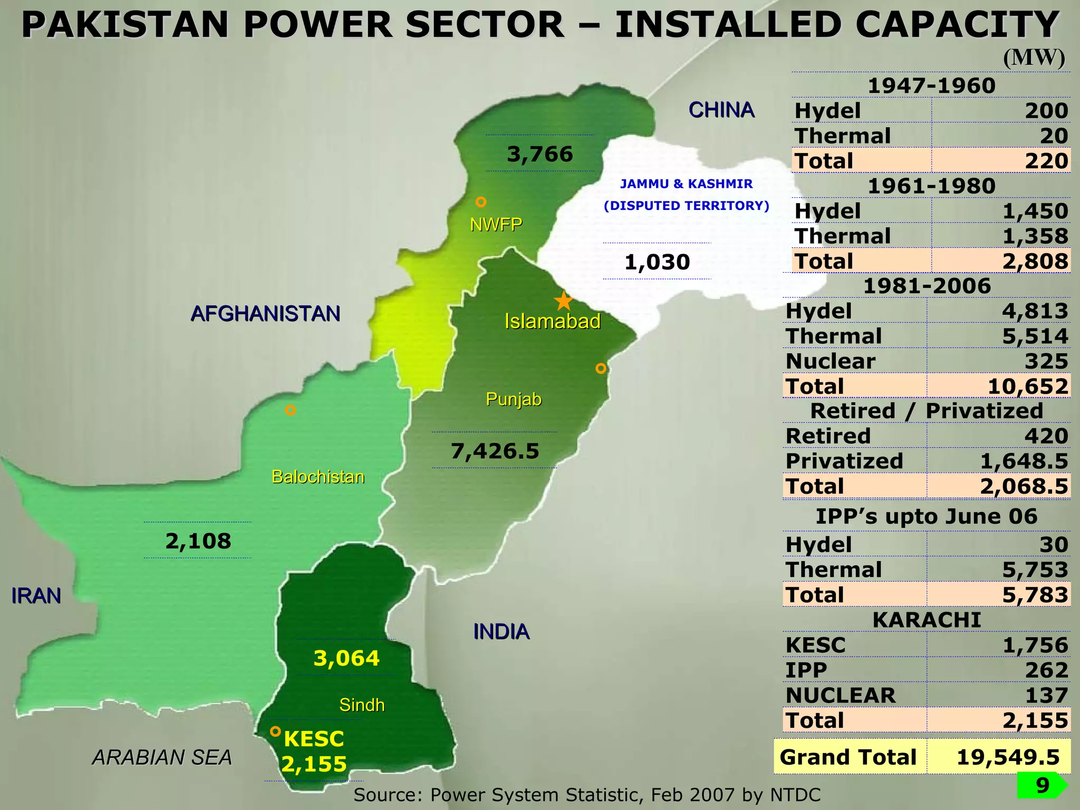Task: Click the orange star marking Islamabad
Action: [564, 301]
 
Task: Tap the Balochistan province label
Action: [317, 477]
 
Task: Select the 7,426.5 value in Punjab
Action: [495, 451]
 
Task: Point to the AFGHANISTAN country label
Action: [265, 314]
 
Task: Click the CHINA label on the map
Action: [721, 110]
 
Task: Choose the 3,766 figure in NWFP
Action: [539, 154]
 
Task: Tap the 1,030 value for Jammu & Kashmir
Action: [657, 262]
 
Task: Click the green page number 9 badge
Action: [1042, 785]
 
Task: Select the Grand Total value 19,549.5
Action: [1008, 757]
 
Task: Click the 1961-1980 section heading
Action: [931, 186]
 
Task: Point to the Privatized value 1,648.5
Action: [1024, 461]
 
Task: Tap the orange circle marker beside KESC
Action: [275, 731]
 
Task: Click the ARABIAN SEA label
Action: [162, 757]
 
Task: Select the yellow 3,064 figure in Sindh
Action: [346, 658]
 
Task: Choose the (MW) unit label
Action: [1034, 57]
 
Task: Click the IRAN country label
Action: [36, 596]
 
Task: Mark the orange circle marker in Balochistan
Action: [290, 410]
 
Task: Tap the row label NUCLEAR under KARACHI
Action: [840, 695]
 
